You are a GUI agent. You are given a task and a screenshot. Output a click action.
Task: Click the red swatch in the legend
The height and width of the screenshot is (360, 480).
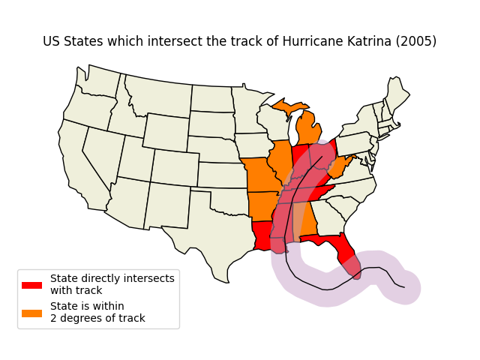(x=31, y=285)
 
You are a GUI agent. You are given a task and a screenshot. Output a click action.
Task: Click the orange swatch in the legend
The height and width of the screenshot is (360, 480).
(x=31, y=313)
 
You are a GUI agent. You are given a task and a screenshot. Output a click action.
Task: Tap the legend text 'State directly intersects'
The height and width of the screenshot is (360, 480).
(x=112, y=278)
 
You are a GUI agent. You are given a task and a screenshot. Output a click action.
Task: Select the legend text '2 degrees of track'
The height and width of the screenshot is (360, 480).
(x=97, y=318)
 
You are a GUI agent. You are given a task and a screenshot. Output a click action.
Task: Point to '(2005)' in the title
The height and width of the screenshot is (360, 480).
(x=417, y=41)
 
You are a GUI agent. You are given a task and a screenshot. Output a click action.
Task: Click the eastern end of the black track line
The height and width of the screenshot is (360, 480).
(x=404, y=287)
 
